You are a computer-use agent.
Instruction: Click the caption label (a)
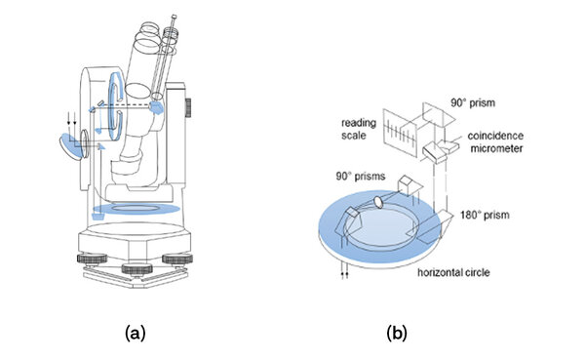click(136, 333)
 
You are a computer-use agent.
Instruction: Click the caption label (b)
click(397, 333)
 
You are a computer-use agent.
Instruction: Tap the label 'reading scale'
click(359, 129)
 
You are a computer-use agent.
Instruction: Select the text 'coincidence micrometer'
click(495, 141)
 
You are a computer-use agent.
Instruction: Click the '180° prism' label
click(485, 215)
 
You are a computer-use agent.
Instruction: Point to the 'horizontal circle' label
click(453, 272)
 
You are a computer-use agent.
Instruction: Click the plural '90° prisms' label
click(361, 176)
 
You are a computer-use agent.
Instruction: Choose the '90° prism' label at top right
click(473, 102)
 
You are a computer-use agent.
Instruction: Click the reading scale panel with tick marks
click(399, 133)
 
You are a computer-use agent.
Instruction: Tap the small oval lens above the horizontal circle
click(378, 202)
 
